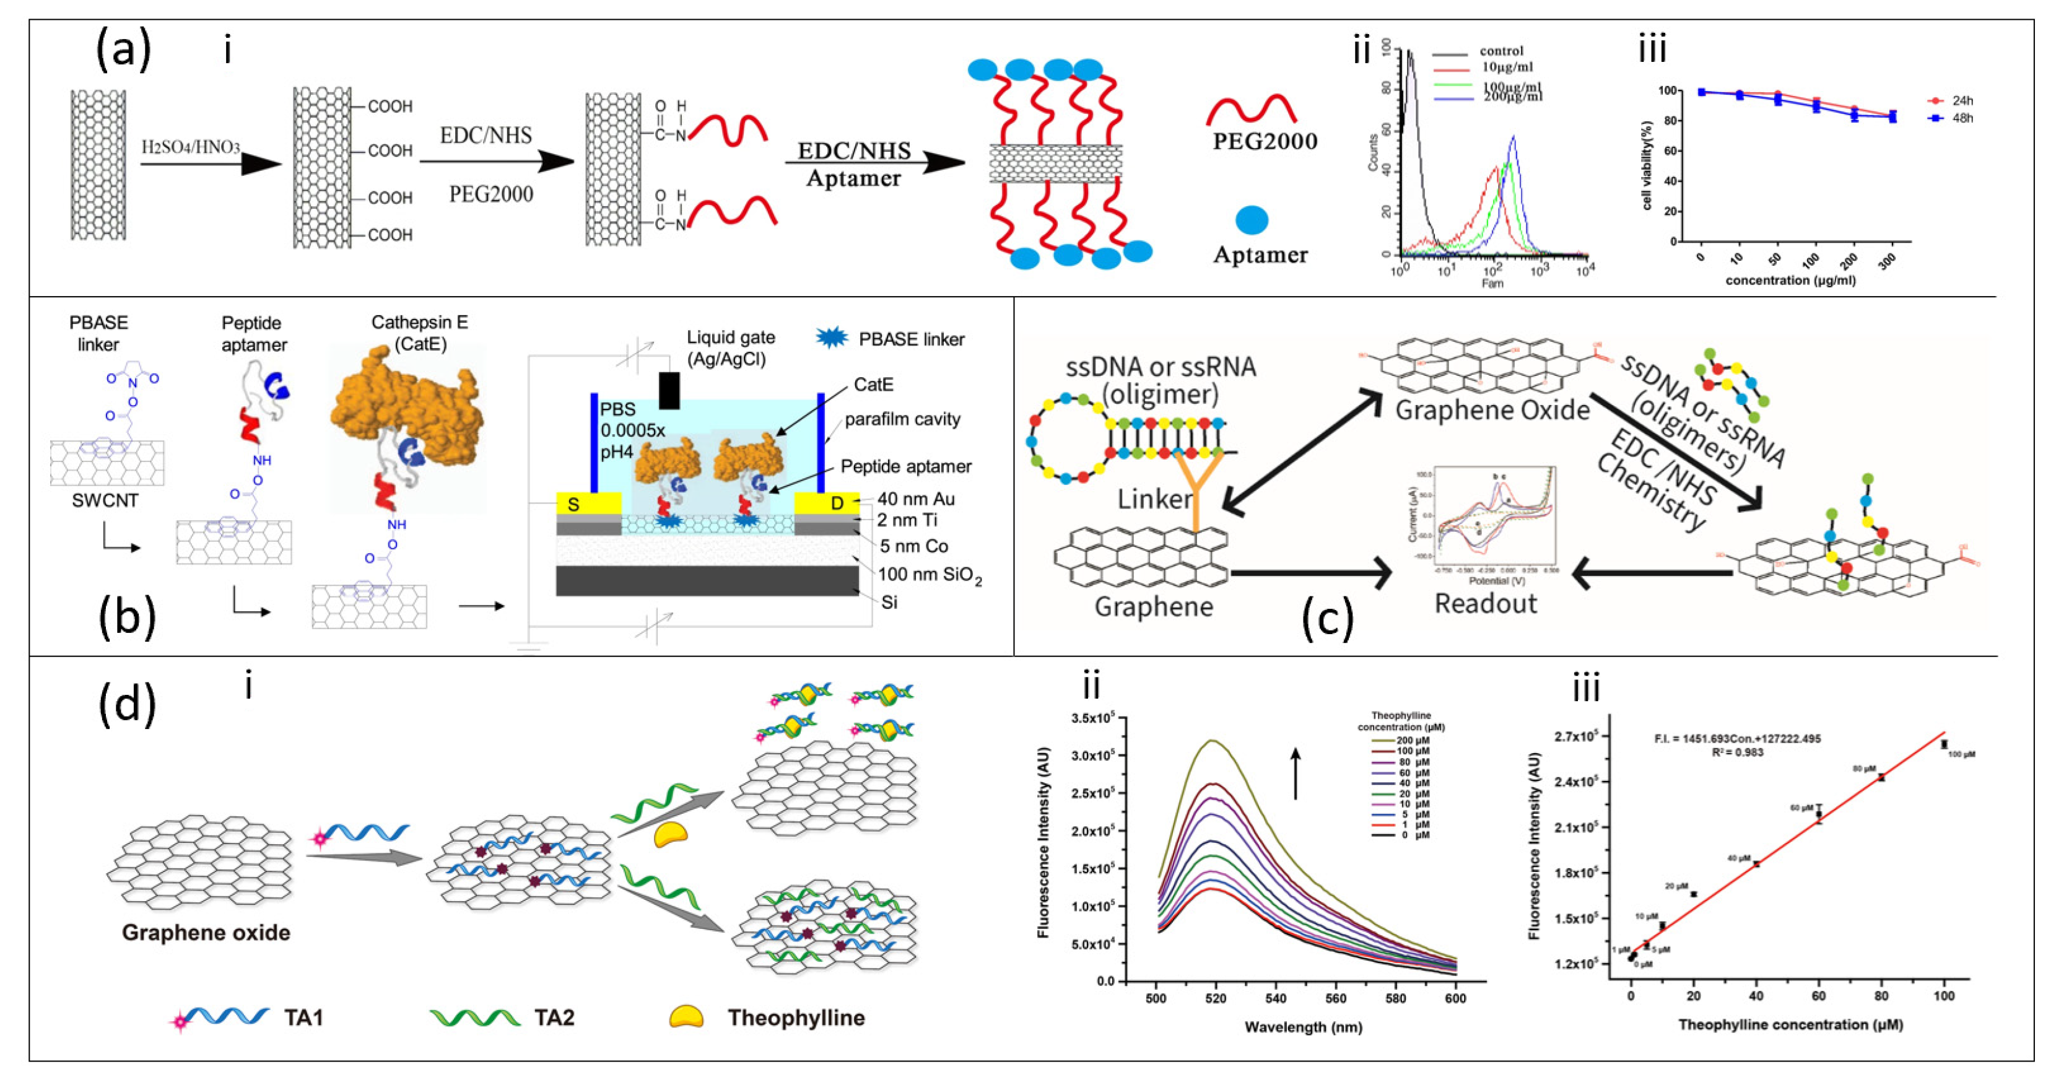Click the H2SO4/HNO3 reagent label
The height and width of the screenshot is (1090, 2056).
coord(191,147)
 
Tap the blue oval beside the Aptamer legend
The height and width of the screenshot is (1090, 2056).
coord(1252,219)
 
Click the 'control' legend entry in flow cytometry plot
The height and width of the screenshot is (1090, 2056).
coord(1501,51)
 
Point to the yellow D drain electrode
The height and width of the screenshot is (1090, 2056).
coord(827,504)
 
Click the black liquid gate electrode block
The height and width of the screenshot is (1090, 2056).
coord(669,390)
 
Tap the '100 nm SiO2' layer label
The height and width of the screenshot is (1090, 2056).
coord(930,575)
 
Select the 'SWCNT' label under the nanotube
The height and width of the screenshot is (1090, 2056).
coord(105,500)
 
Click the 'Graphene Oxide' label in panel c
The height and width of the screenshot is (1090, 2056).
coord(1492,410)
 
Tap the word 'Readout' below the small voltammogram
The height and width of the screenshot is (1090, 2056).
coord(1485,603)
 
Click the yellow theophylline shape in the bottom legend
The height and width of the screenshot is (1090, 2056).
coord(686,1016)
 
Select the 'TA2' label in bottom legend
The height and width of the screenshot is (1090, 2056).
coord(554,1018)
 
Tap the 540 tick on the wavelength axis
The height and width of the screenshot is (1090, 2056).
coord(1276,998)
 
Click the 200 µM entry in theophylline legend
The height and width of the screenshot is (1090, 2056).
coord(1418,741)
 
